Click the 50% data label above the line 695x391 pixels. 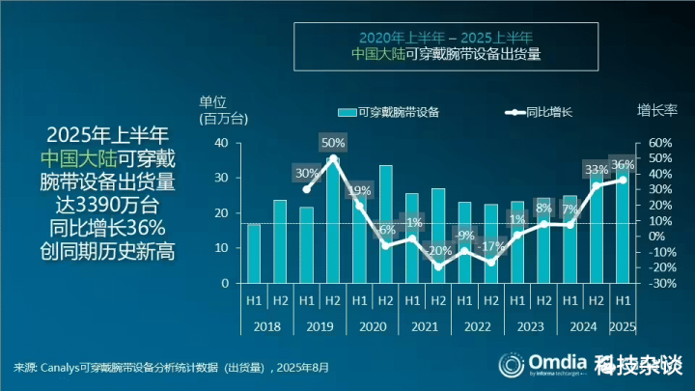point(333,144)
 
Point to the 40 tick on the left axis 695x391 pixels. point(221,143)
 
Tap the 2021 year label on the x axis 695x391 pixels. point(425,327)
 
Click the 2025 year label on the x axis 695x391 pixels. point(623,327)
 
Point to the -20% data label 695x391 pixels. point(437,251)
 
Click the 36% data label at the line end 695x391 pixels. point(623,165)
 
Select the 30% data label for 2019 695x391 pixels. point(307,174)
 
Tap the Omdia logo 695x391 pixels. point(541,365)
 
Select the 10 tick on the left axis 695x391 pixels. point(221,248)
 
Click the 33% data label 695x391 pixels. point(597,171)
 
